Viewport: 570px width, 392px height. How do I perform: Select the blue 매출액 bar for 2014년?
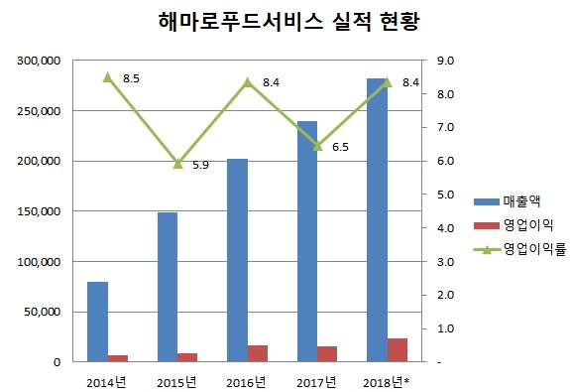coord(97,322)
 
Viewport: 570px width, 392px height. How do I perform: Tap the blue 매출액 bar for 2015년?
coord(168,287)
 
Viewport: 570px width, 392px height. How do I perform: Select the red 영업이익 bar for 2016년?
coord(258,353)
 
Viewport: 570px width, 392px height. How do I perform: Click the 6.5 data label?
coord(340,146)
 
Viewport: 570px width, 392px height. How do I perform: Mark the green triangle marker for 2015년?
coord(178,164)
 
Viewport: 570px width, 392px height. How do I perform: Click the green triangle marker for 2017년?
coord(318,145)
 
